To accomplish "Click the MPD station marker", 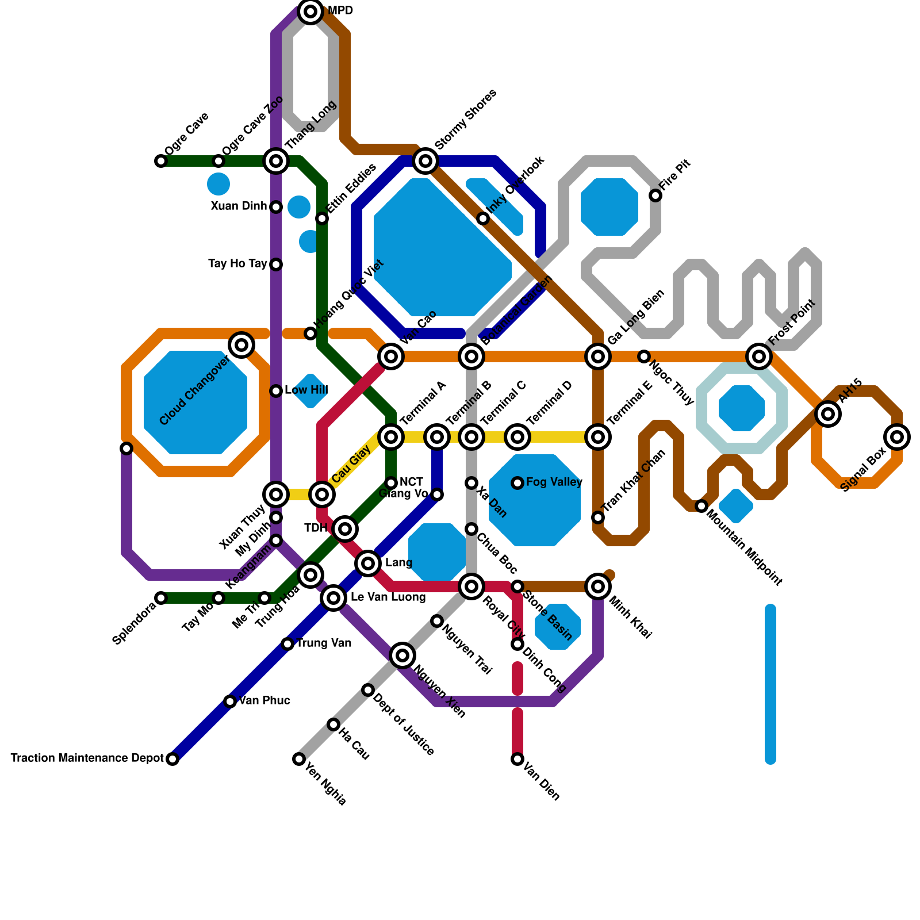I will [310, 11].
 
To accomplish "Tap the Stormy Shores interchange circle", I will [425, 161].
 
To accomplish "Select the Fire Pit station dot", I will [655, 195].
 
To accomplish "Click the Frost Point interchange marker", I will [759, 356].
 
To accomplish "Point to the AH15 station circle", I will [828, 413].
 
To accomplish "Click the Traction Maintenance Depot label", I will [87, 758].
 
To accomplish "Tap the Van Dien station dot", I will [517, 759].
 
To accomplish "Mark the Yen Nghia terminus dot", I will [299, 759].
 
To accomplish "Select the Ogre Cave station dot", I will [161, 161].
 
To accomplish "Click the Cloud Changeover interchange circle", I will [241, 345].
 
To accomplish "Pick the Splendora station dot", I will [161, 598].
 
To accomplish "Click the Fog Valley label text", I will [554, 482].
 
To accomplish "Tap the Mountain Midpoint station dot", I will [701, 506].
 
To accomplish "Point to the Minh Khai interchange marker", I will [598, 586].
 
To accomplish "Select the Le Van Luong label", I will [388, 597].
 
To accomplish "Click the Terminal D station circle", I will [517, 437].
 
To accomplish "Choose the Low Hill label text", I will [306, 390].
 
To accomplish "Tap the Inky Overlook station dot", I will [483, 218].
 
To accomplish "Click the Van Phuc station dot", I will [230, 701].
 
